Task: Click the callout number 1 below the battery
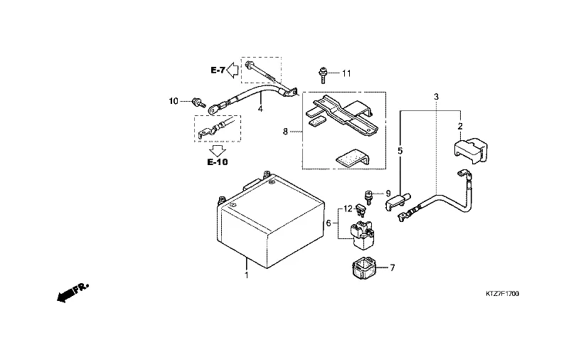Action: click(246, 275)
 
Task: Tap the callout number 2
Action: click(460, 127)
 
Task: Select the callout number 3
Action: click(436, 96)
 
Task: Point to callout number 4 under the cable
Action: click(260, 109)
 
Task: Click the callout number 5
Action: click(400, 151)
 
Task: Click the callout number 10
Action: click(174, 101)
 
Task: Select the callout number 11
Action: click(346, 73)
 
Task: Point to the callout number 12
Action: click(348, 208)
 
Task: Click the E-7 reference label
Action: click(218, 70)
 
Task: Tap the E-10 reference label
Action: click(218, 162)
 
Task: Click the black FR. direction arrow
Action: click(72, 291)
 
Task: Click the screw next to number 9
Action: click(370, 194)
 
